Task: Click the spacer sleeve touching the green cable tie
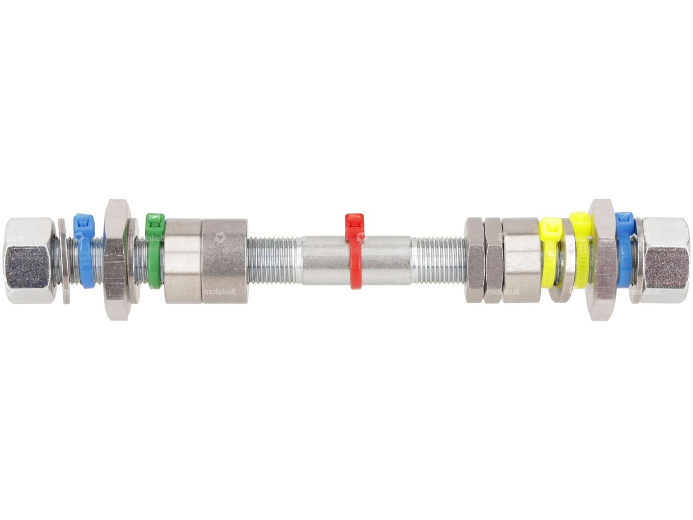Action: pyautogui.click(x=183, y=261)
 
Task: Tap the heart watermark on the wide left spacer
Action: pyautogui.click(x=219, y=236)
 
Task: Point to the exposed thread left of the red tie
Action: pyautogui.click(x=274, y=261)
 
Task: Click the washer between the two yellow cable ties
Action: pyautogui.click(x=565, y=261)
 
